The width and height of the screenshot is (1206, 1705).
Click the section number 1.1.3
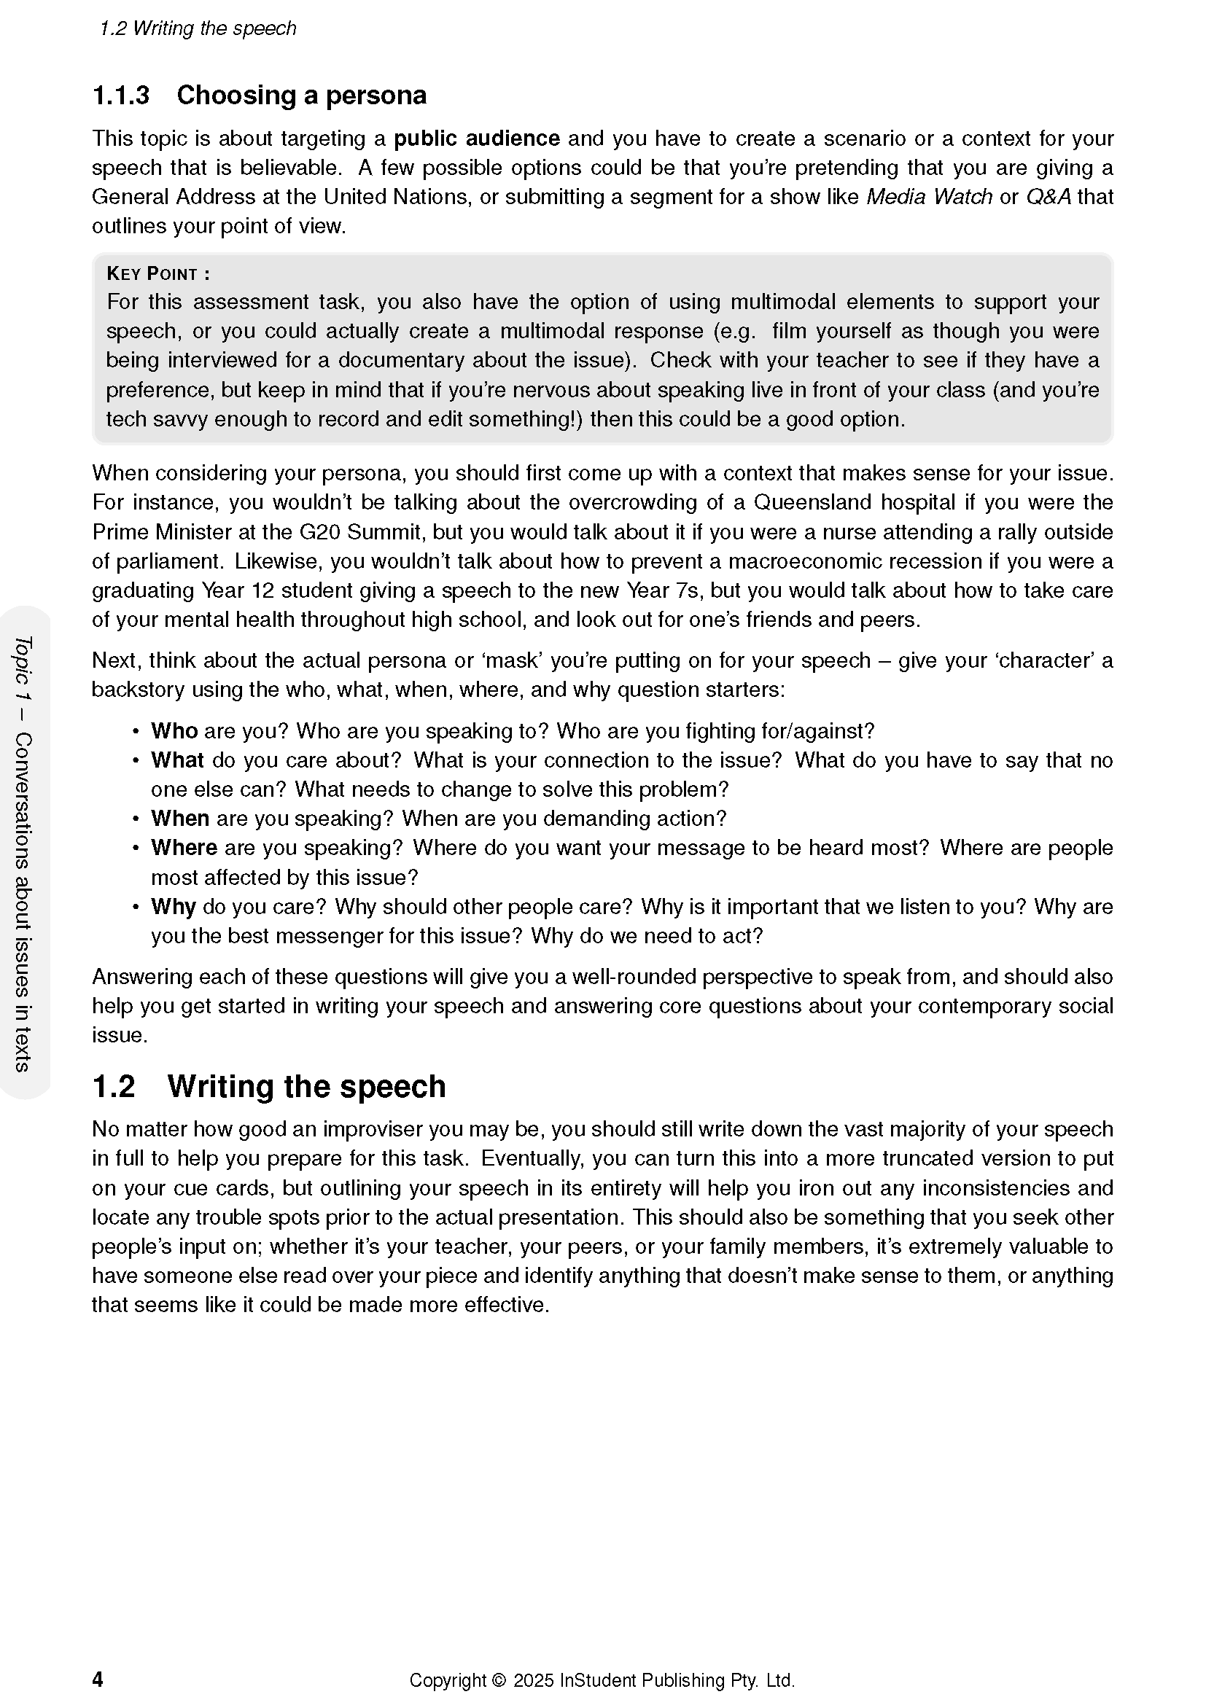click(x=120, y=95)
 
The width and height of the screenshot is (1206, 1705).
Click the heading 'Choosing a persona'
click(x=302, y=95)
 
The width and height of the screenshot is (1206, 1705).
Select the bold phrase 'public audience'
click(x=476, y=139)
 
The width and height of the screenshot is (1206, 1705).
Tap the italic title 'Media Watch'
click(x=929, y=197)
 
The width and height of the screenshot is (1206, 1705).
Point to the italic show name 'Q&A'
click(x=1049, y=197)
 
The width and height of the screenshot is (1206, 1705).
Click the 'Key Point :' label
click(x=158, y=274)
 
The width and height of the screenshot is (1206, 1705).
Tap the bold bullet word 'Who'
click(x=174, y=731)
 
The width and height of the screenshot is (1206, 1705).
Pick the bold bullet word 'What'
click(x=176, y=760)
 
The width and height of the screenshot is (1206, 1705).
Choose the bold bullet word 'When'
click(x=179, y=819)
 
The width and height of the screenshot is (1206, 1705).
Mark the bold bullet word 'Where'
click(x=184, y=848)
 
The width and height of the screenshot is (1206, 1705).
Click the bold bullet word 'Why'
click(x=173, y=907)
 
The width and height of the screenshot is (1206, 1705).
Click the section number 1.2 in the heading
click(x=114, y=1087)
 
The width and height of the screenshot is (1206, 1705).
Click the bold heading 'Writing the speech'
click(x=306, y=1087)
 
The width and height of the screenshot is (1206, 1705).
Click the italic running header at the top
click(x=198, y=28)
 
